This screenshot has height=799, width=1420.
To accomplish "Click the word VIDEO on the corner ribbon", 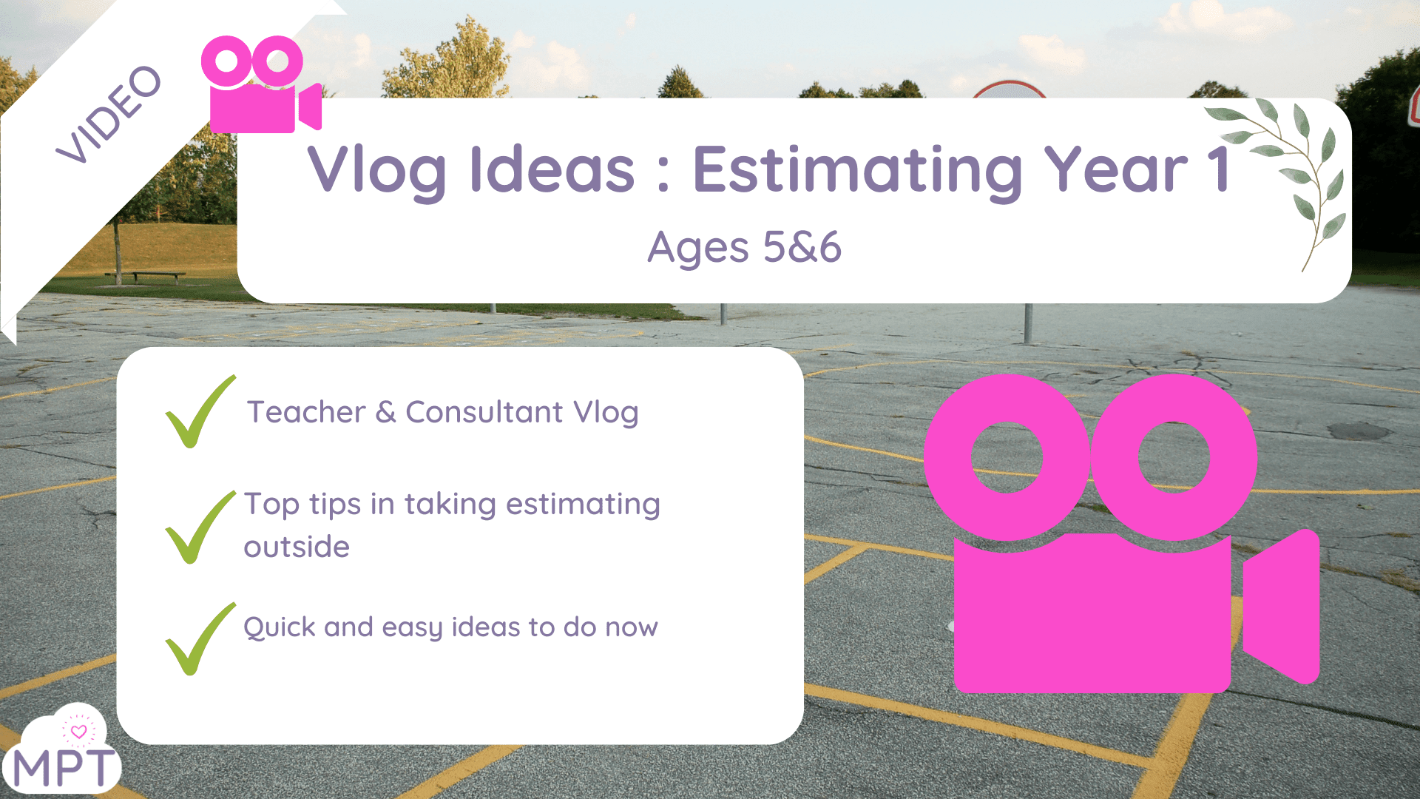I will click(x=109, y=115).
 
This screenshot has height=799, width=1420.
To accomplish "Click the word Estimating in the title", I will click(x=857, y=170).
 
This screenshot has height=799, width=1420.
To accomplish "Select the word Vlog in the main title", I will click(x=377, y=170).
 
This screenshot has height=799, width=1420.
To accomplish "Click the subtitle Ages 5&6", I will click(x=744, y=247).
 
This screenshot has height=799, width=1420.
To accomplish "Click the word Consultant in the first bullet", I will click(x=484, y=412).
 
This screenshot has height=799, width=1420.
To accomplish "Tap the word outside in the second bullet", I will click(x=297, y=547).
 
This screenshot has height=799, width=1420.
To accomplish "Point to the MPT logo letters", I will click(x=64, y=768).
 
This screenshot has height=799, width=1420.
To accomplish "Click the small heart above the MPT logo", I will click(x=78, y=732).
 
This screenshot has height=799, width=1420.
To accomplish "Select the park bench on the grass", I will click(x=145, y=277).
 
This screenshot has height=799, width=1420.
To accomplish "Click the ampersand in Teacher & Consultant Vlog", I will click(x=385, y=412).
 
